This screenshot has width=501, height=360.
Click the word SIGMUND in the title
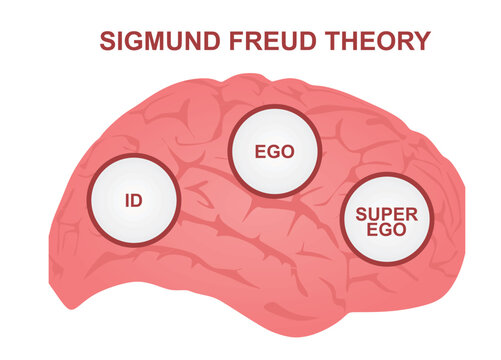(159, 41)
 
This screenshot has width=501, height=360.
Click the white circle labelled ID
(133, 200)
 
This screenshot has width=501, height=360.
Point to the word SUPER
(385, 212)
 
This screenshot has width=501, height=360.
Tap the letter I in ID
(126, 200)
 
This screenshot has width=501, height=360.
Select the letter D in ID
(137, 200)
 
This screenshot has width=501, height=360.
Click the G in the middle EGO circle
(275, 154)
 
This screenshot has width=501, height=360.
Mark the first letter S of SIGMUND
(107, 41)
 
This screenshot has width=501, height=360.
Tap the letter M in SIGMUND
(152, 41)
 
